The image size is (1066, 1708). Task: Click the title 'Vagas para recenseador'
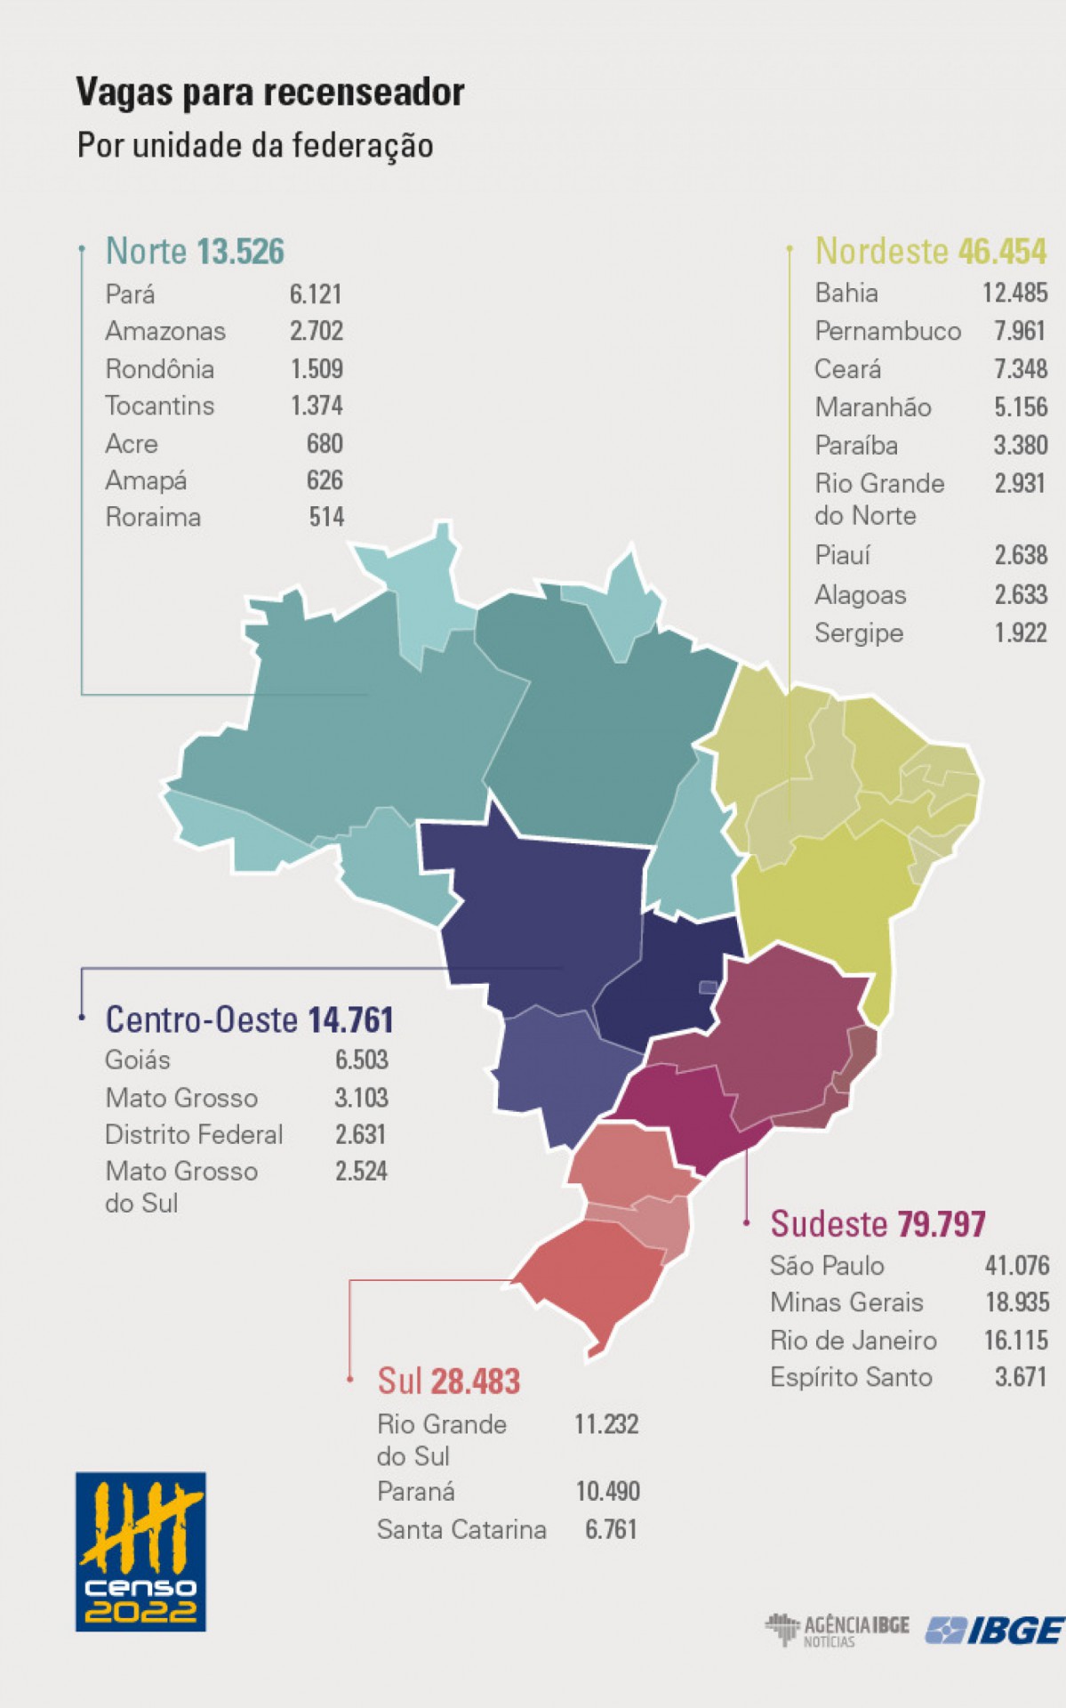tap(269, 92)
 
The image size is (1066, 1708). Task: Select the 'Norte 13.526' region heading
tap(195, 252)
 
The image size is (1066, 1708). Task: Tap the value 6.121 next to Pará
tap(316, 294)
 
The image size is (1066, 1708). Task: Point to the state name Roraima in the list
tap(153, 517)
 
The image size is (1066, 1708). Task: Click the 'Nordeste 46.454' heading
tap(930, 252)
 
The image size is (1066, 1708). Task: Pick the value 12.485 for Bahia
tap(1014, 293)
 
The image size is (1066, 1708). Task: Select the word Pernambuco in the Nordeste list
tap(887, 331)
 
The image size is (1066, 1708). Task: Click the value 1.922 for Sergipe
tap(1020, 632)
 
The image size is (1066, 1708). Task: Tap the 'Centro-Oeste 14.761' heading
tap(249, 1019)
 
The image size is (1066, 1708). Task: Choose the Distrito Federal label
tap(194, 1134)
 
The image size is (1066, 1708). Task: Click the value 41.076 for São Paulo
tap(1016, 1265)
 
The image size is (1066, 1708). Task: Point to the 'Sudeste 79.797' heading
tap(878, 1224)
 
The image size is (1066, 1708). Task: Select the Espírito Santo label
tap(851, 1377)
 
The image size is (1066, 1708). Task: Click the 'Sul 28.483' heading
tap(449, 1382)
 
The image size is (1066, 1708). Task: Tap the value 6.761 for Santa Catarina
tap(611, 1529)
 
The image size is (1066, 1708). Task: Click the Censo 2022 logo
tap(140, 1551)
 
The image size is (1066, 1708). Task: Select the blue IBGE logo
tap(994, 1630)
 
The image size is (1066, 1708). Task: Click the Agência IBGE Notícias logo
tap(837, 1630)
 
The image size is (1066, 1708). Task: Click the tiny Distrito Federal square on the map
tap(708, 987)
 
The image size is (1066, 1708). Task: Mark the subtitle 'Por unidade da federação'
tap(255, 145)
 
